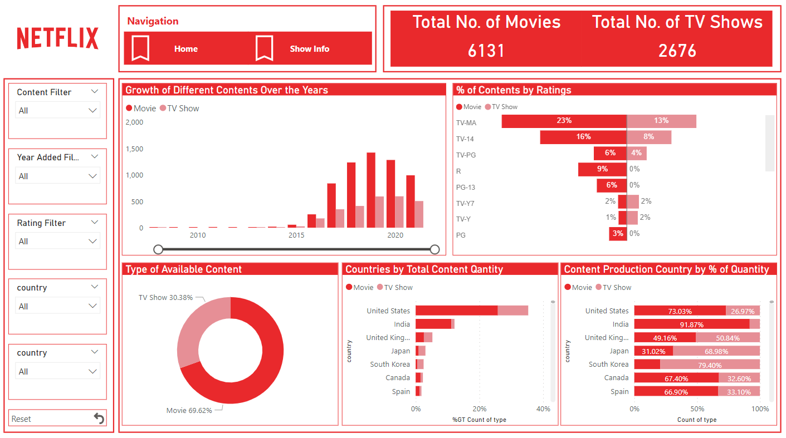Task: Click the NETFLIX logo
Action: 57,38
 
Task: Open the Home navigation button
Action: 185,49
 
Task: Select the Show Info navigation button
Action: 309,49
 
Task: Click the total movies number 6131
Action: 486,51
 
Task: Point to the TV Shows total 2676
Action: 677,51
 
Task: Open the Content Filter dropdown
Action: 57,111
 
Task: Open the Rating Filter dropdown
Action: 57,242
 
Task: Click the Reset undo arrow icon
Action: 99,419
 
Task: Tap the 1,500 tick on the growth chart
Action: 134,149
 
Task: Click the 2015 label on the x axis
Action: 296,235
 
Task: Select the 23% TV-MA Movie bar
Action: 564,121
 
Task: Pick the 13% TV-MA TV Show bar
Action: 661,121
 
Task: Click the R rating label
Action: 458,171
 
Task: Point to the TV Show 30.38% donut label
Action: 165,298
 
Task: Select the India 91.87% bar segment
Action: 691,324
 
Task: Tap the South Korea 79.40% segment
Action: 710,365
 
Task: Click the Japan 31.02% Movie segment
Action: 653,351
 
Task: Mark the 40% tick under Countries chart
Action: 543,409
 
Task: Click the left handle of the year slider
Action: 158,249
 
